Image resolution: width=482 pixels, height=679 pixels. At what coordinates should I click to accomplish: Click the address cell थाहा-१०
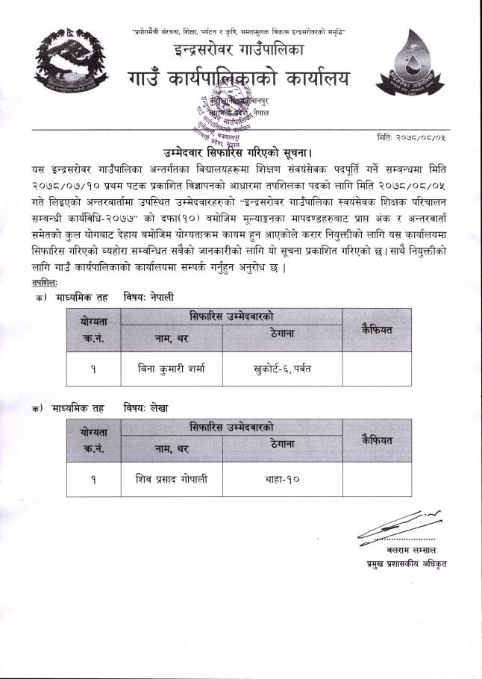point(282,480)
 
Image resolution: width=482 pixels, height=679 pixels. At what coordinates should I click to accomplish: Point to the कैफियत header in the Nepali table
point(376,329)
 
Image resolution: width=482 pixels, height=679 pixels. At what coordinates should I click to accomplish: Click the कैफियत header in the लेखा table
point(376,439)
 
